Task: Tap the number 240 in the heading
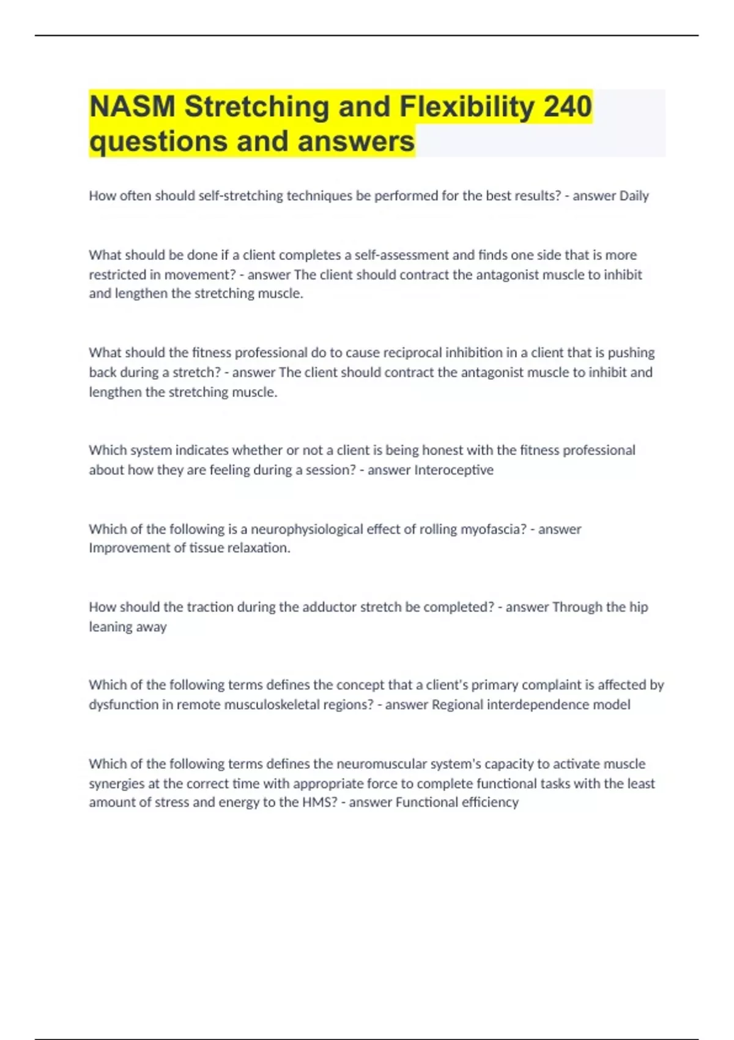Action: [568, 106]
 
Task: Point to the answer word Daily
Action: [634, 196]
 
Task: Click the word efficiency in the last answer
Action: [490, 803]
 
